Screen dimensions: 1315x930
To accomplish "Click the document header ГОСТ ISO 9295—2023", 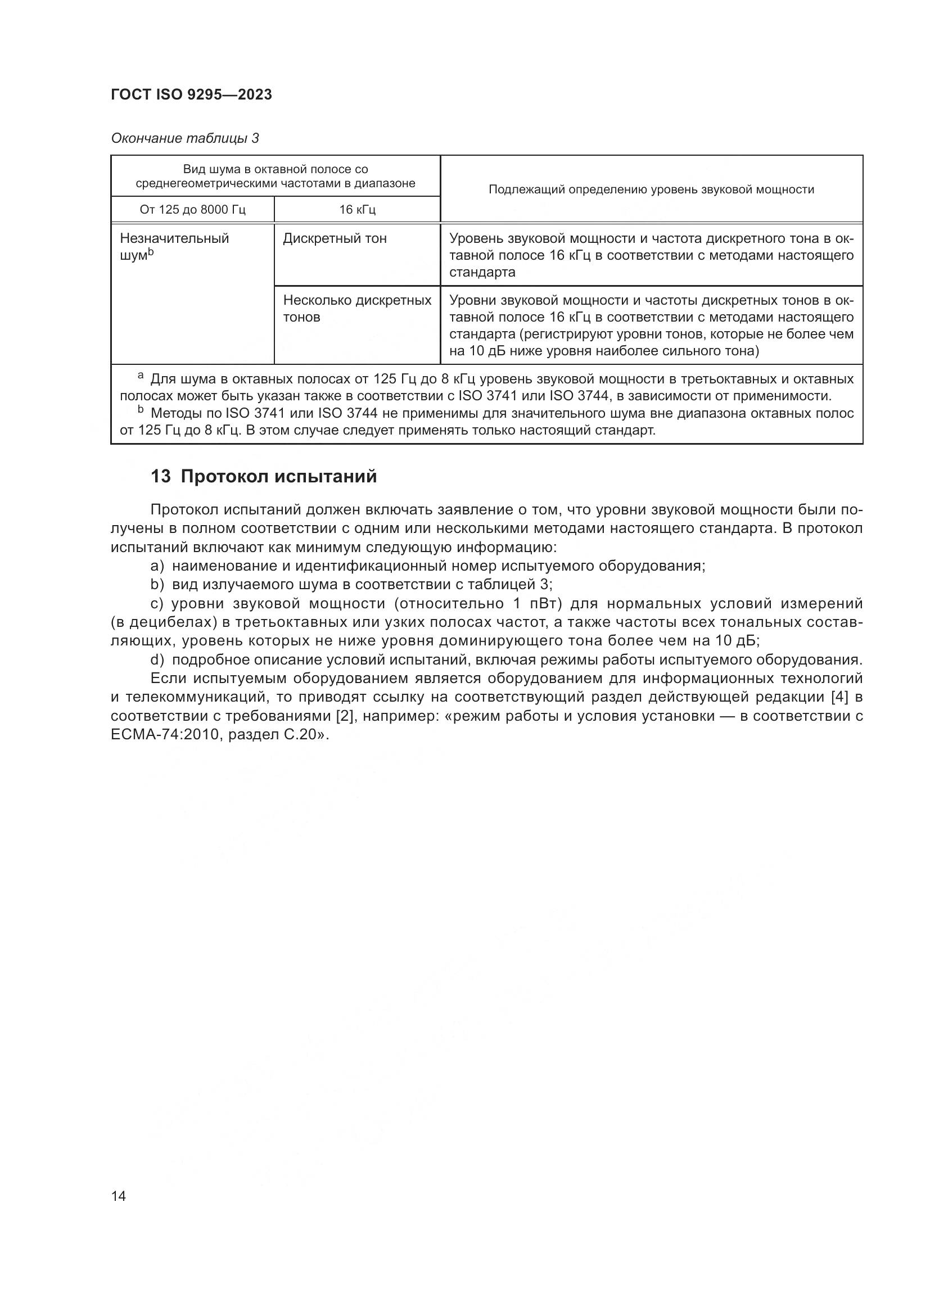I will coord(191,95).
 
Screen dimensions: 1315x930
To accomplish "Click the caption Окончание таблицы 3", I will coord(185,138).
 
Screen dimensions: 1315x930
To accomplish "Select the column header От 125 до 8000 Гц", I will coord(192,210).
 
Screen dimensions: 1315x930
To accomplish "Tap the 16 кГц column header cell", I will coord(358,210).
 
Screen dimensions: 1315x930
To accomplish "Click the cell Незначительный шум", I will coord(174,246).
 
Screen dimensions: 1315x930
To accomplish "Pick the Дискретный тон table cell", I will coord(335,239).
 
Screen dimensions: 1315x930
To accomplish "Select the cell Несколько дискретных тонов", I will coord(357,309).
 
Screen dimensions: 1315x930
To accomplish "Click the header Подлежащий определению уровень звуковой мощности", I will coord(651,189).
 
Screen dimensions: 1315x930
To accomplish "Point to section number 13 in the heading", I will coord(160,477).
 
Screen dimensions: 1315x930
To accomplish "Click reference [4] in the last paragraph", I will coord(839,697).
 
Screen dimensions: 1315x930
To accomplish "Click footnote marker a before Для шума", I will coord(141,376).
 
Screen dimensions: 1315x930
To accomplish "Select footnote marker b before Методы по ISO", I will coord(141,410).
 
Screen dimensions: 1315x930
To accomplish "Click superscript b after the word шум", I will coord(151,251).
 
